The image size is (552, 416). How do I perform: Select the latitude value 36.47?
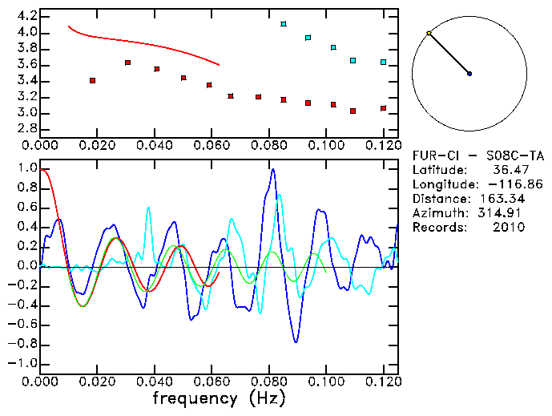(x=507, y=170)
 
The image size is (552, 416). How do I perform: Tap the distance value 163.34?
(x=502, y=199)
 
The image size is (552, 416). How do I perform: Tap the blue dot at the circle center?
(x=469, y=74)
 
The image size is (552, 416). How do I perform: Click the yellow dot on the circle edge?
(x=429, y=33)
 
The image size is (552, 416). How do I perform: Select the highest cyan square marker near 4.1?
(x=284, y=24)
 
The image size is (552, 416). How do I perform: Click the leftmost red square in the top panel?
(x=93, y=80)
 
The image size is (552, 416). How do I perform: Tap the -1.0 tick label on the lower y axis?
(x=24, y=363)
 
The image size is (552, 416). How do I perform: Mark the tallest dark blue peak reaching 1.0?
(x=273, y=170)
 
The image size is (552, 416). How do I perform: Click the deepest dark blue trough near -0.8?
(x=296, y=341)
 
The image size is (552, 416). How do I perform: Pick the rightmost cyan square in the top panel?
(x=384, y=62)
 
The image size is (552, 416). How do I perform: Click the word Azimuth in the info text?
(x=438, y=213)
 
